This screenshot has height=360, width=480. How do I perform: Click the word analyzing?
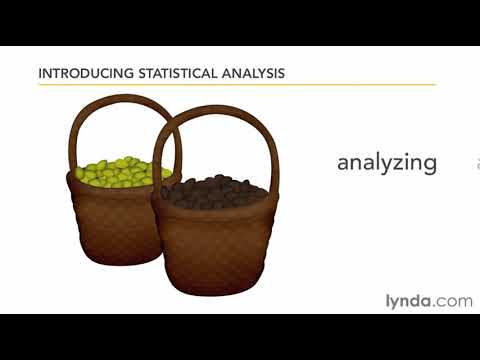[387, 162]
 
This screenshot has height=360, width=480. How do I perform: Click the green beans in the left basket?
[116, 172]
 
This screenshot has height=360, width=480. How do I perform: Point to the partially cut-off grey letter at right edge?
[477, 163]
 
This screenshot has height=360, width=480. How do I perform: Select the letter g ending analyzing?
[430, 165]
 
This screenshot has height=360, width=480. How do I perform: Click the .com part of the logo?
[453, 300]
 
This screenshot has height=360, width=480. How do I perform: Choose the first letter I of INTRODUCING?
[39, 73]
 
